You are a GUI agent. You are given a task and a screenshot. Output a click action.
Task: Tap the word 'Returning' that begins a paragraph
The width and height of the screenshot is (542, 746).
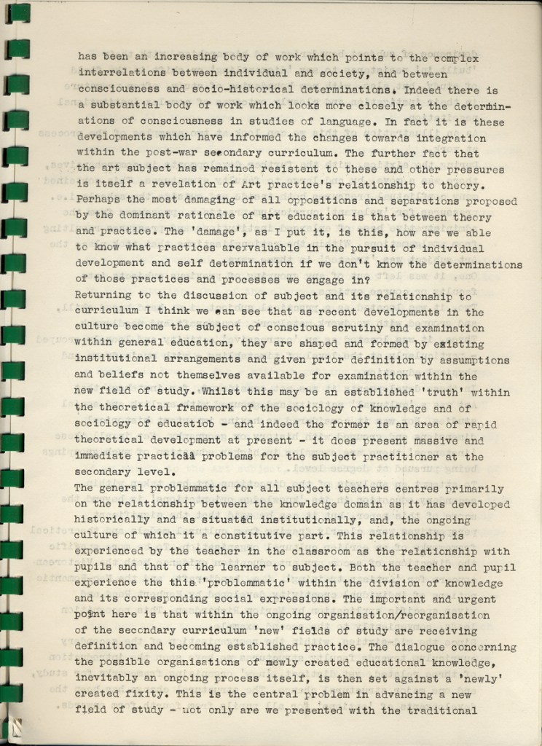103,297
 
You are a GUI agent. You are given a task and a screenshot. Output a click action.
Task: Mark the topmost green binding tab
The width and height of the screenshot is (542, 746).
17,13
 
